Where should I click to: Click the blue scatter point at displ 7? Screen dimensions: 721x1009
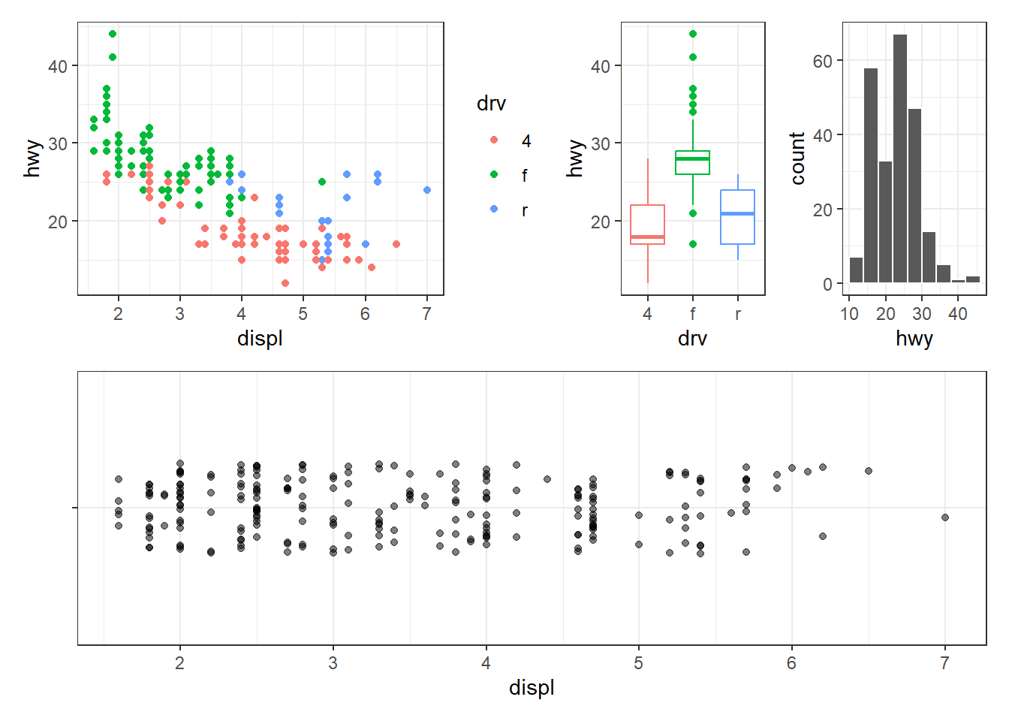[x=427, y=190]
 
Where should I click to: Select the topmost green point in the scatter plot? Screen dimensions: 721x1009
[x=113, y=34]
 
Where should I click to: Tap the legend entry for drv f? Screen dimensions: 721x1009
[x=524, y=175]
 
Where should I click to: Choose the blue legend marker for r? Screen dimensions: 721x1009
[x=494, y=209]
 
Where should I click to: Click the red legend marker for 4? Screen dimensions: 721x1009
[x=494, y=140]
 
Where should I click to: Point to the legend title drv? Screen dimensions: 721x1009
[x=491, y=104]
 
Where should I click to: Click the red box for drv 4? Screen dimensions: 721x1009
[x=647, y=224]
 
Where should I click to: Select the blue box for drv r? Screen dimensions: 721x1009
[x=737, y=216]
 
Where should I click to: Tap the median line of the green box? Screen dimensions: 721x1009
[x=692, y=159]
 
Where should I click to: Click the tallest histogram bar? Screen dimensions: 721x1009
[x=900, y=158]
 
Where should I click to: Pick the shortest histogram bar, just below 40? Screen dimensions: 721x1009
[x=958, y=281]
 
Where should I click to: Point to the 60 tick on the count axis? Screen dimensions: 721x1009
[x=823, y=61]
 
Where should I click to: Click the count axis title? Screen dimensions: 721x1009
[x=797, y=158]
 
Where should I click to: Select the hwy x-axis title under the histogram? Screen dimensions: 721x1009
[x=914, y=339]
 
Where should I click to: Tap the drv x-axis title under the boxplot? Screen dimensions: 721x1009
[x=692, y=339]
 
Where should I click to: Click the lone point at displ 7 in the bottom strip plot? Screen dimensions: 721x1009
[x=945, y=517]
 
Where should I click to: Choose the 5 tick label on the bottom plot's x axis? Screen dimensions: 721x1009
[x=639, y=663]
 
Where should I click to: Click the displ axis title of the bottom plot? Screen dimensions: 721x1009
[x=532, y=688]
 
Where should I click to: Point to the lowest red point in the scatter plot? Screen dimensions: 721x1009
[x=285, y=283]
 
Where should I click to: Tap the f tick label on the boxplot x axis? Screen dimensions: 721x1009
[x=692, y=314]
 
